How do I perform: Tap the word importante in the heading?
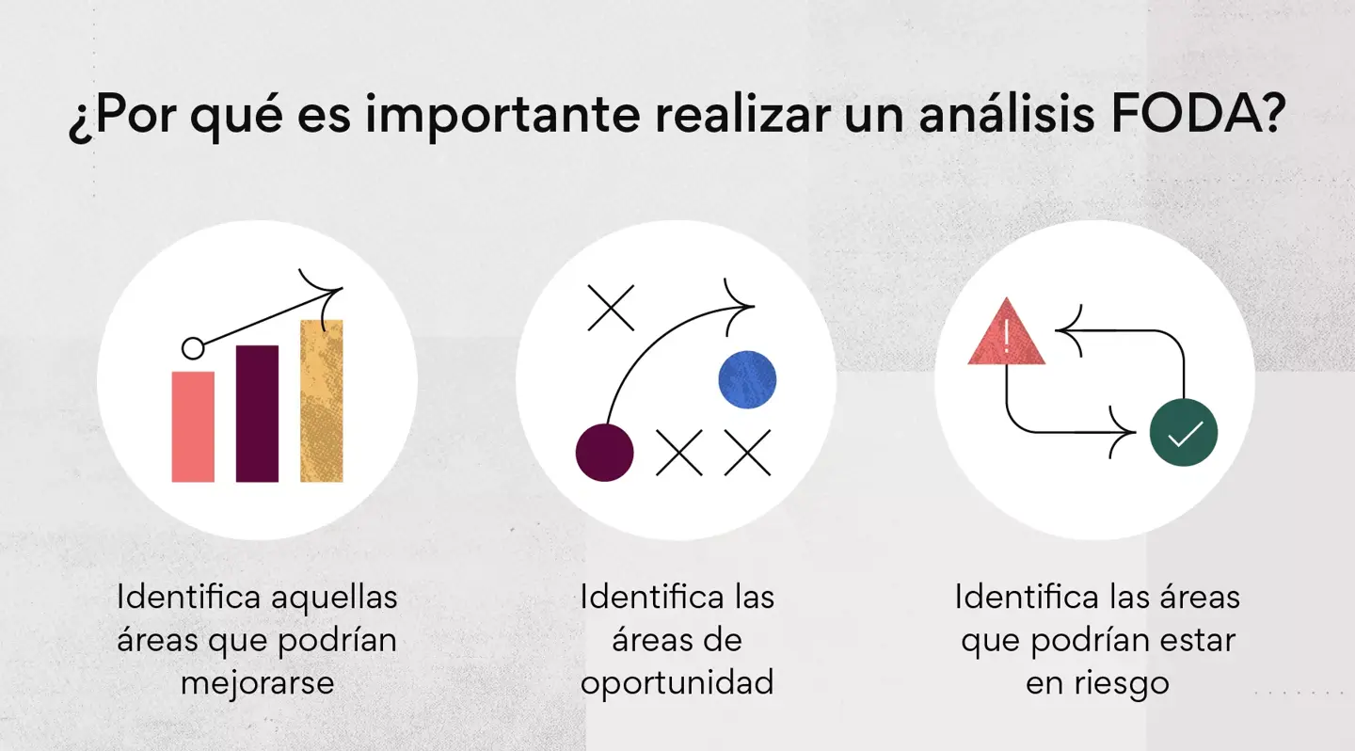pyautogui.click(x=503, y=117)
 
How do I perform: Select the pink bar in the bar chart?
pyautogui.click(x=193, y=426)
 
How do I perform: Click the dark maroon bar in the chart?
pyautogui.click(x=257, y=413)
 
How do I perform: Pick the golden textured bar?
pyautogui.click(x=321, y=401)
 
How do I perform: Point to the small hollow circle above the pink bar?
pyautogui.click(x=193, y=348)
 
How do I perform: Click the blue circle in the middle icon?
pyautogui.click(x=747, y=379)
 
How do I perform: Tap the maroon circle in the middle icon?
pyautogui.click(x=604, y=453)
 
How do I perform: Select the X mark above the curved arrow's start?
pyautogui.click(x=611, y=308)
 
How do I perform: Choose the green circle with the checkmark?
pyautogui.click(x=1184, y=433)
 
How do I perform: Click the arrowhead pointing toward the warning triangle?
pyautogui.click(x=1068, y=330)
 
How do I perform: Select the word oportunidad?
pyautogui.click(x=677, y=683)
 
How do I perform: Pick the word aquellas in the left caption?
pyautogui.click(x=334, y=598)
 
